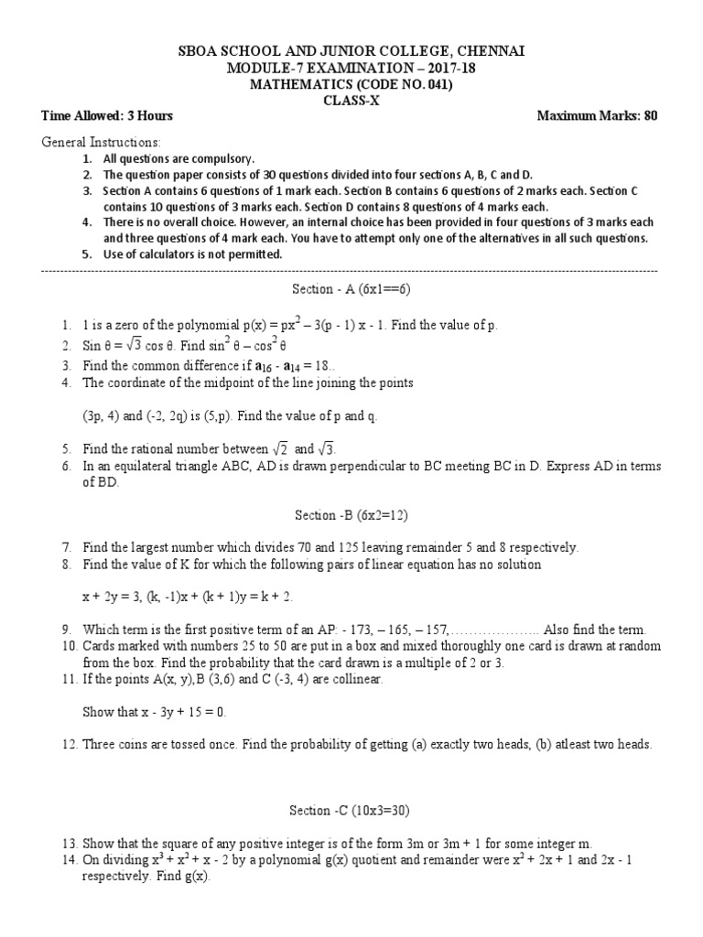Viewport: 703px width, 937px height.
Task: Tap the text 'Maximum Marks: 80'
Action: [x=596, y=116]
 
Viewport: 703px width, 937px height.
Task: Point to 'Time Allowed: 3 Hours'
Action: [x=107, y=116]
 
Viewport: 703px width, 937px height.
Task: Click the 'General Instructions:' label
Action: [x=102, y=143]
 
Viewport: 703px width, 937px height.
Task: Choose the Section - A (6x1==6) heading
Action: [x=351, y=289]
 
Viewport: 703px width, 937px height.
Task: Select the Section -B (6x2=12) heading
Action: [x=351, y=515]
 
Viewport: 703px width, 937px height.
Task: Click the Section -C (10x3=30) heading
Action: [x=351, y=811]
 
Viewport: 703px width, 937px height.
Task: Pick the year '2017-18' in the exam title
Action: [x=449, y=68]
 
